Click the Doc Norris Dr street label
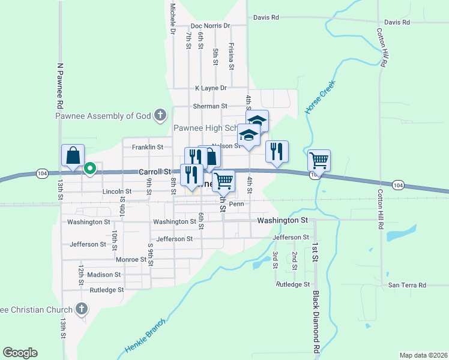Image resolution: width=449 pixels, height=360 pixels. pyautogui.click(x=210, y=26)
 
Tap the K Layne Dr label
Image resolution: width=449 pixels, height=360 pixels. pyautogui.click(x=211, y=88)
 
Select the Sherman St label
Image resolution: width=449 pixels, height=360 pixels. pyautogui.click(x=210, y=106)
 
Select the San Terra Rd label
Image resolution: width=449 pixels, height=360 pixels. pyautogui.click(x=406, y=285)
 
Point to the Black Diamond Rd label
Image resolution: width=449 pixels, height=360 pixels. pyautogui.click(x=316, y=322)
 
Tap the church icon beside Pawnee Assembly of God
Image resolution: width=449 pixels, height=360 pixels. pyautogui.click(x=160, y=115)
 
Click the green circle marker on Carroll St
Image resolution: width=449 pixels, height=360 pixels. pyautogui.click(x=90, y=169)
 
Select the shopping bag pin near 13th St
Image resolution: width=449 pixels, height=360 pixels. pyautogui.click(x=73, y=156)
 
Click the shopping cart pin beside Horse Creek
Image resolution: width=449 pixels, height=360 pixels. pyautogui.click(x=319, y=161)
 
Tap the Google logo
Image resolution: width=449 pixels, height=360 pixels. pyautogui.click(x=20, y=353)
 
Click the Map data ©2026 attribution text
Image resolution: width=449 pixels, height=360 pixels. pyautogui.click(x=423, y=355)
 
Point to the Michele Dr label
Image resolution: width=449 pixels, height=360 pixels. pyautogui.click(x=173, y=17)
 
